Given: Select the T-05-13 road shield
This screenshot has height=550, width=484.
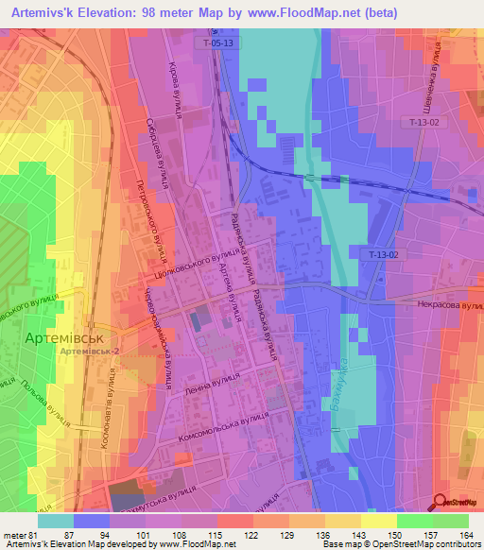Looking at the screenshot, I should [x=216, y=43].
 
